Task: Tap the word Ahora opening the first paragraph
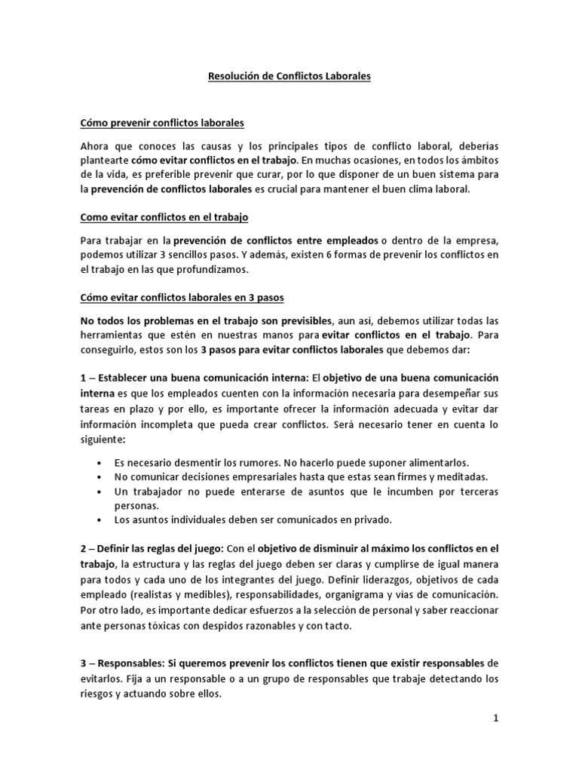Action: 96,145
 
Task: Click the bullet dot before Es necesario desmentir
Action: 100,462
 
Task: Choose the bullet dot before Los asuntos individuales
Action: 100,519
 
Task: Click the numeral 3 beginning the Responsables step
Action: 84,663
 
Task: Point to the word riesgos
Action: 99,694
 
